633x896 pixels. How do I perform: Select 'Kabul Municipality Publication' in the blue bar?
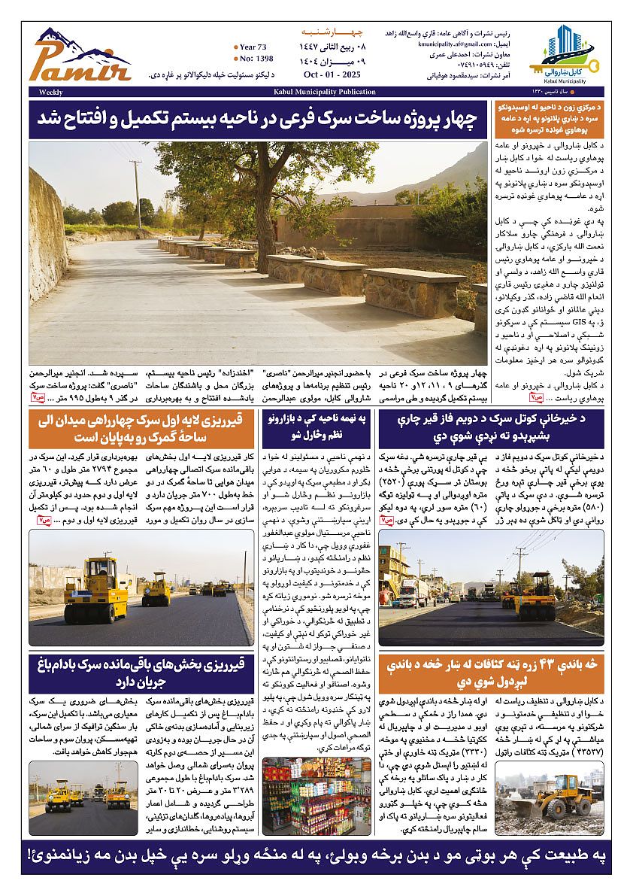click(324, 92)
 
